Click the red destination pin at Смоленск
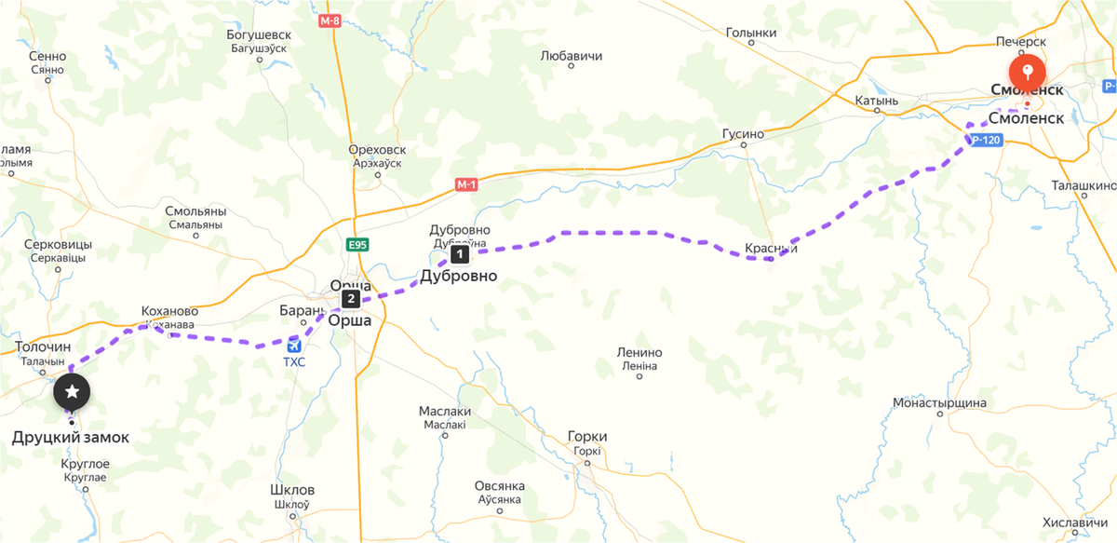pos(1027,71)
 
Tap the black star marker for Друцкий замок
pos(72,392)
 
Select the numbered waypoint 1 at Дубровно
pos(459,253)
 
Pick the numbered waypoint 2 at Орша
pos(350,299)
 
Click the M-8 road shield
pos(329,20)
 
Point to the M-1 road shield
pos(466,184)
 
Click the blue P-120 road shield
pos(985,141)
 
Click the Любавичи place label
pos(572,56)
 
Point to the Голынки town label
pos(750,34)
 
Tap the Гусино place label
pos(743,134)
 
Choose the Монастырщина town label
pos(938,403)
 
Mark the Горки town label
pos(587,436)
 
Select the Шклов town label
pos(291,490)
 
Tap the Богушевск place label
pos(259,35)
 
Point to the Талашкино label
pos(1083,185)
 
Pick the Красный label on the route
pos(771,249)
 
